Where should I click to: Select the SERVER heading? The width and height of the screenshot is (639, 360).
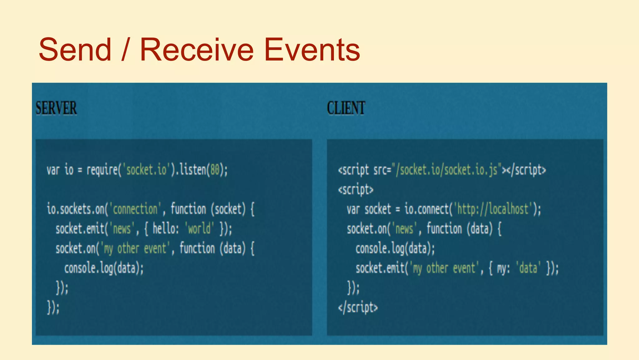(x=56, y=108)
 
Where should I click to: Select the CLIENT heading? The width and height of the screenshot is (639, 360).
(x=346, y=108)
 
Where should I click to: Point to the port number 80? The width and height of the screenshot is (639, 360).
(x=215, y=170)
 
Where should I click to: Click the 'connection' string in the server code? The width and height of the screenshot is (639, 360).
(x=135, y=209)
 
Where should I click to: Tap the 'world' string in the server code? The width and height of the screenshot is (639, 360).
(x=199, y=229)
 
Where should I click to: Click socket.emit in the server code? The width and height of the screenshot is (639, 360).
(x=80, y=229)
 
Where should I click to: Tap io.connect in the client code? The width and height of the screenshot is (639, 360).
(x=426, y=209)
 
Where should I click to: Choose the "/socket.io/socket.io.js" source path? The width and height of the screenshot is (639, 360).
(x=447, y=170)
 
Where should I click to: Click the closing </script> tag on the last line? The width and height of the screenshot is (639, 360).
(x=358, y=307)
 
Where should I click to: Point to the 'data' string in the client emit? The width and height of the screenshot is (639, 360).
(x=528, y=268)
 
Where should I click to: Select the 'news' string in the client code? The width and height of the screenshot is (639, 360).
(x=404, y=229)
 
